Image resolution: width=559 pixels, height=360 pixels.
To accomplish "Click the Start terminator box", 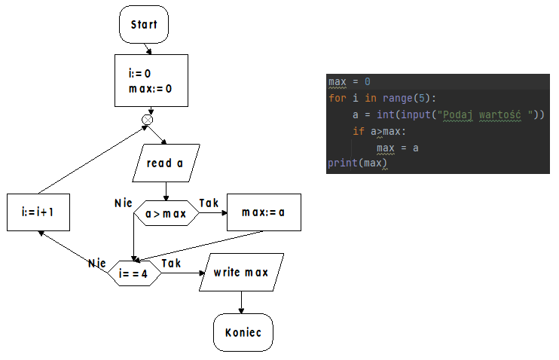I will (144, 25).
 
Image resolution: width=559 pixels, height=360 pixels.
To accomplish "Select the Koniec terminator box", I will (243, 332).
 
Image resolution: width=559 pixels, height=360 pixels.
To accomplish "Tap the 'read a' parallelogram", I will (164, 163).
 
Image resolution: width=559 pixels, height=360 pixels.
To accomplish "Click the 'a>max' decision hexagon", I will (166, 214).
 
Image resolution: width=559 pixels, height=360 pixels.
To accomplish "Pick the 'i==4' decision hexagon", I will (134, 273).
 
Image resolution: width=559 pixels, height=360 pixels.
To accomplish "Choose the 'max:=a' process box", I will (264, 213).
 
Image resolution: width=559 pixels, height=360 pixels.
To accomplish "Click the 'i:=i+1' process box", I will (39, 213).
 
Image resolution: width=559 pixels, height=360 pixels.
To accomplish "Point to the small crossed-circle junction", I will (148, 119).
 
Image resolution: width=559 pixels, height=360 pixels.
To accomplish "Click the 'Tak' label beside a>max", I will (209, 203).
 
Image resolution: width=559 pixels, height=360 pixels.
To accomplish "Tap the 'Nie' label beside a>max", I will (123, 203).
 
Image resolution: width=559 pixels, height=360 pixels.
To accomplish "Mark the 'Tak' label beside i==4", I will (171, 263).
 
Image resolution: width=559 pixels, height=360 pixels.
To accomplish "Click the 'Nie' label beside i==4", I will (96, 263).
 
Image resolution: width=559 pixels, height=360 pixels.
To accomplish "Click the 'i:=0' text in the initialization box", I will (139, 74).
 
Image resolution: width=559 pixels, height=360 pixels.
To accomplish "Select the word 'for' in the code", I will (337, 98).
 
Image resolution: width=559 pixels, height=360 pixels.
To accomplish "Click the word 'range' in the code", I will (398, 98).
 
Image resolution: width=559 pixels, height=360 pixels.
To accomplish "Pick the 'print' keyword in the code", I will (342, 163).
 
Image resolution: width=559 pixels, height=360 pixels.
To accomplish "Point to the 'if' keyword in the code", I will (358, 131).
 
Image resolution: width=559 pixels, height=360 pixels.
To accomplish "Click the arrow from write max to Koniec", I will (241, 302).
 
